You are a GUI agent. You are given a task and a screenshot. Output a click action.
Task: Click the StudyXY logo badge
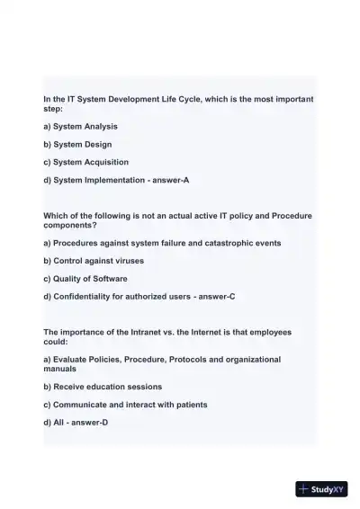click(x=321, y=489)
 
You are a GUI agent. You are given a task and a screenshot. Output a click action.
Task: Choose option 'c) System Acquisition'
click(x=85, y=162)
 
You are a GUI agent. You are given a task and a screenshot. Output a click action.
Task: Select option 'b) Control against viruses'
click(x=93, y=261)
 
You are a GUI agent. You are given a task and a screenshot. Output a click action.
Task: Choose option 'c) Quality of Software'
click(x=85, y=279)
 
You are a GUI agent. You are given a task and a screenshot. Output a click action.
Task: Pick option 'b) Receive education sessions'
click(x=102, y=387)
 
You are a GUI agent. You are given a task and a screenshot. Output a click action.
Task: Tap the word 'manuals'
click(x=60, y=369)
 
